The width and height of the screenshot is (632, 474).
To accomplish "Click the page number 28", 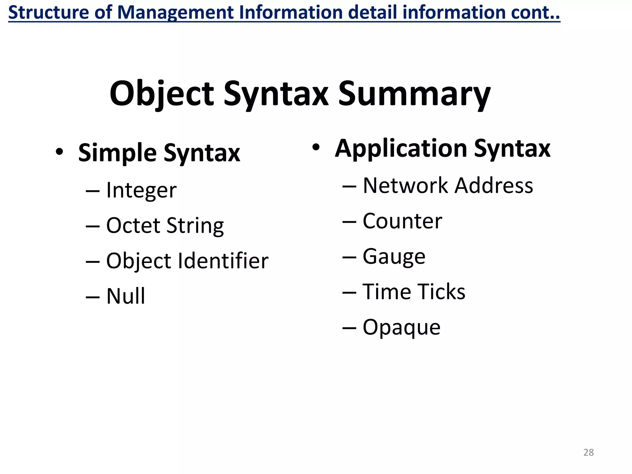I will (588, 452).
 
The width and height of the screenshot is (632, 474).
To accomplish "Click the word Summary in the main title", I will (414, 94).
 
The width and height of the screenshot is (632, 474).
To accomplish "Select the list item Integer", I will (141, 190).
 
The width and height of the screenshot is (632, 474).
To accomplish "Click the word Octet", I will (133, 226).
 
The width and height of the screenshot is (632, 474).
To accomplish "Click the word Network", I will (405, 186).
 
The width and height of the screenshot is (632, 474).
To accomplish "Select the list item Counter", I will (402, 221).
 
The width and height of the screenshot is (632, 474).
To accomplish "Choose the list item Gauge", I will (394, 257).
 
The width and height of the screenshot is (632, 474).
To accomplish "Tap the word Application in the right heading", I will (401, 149).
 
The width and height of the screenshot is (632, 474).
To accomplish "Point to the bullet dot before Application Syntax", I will (316, 147).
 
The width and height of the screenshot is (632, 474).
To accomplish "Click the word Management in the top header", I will (176, 12).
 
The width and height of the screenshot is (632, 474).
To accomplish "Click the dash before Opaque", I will (349, 328).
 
